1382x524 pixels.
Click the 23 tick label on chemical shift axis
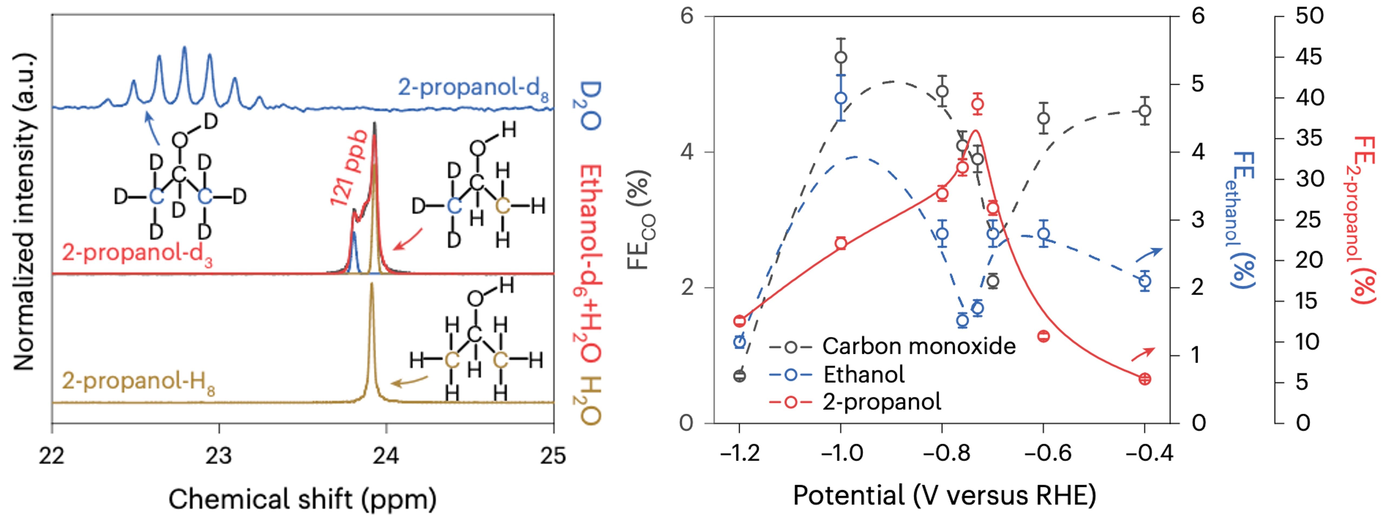(x=219, y=455)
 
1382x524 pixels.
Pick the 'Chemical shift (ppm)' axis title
(x=302, y=499)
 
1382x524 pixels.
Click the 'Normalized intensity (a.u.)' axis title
(x=24, y=212)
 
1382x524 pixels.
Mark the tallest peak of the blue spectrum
(x=184, y=48)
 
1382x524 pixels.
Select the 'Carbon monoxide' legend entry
(x=918, y=346)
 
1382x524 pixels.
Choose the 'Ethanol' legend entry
(x=864, y=374)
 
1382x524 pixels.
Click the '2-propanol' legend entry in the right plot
(x=881, y=402)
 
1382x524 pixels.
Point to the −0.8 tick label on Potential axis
(x=941, y=454)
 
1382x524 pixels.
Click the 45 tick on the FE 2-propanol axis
(x=1309, y=57)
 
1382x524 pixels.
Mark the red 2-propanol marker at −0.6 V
(x=1043, y=336)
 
